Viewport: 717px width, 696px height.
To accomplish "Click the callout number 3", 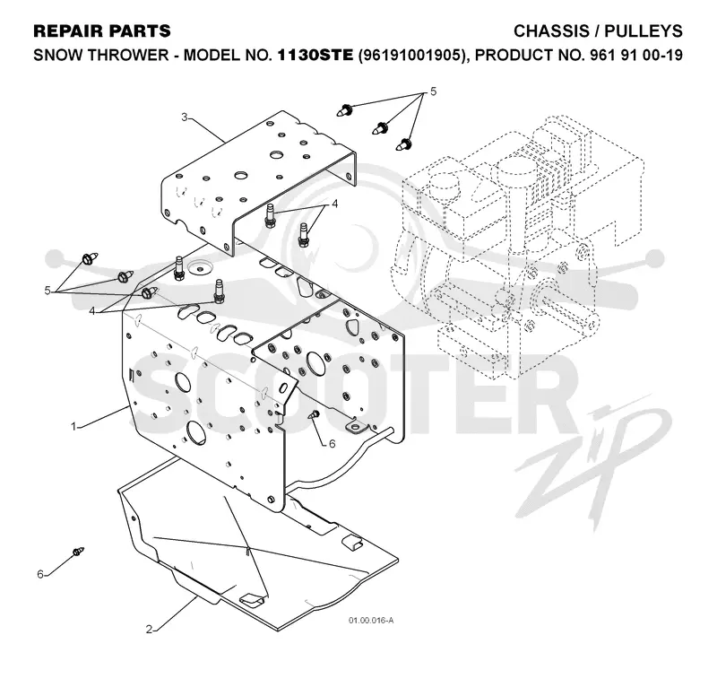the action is click(185, 117).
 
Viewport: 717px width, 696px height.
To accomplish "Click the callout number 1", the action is click(73, 426).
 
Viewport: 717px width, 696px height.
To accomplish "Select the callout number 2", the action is click(149, 630).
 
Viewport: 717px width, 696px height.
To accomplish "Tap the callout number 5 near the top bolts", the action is click(434, 91).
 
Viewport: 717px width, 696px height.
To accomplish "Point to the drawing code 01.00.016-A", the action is click(371, 621).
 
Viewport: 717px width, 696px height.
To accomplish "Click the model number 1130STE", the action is click(315, 55).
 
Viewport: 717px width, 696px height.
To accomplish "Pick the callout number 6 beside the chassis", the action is click(332, 443).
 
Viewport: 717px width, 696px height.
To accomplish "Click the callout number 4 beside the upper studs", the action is click(334, 204).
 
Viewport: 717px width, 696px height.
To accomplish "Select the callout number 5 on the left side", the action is click(48, 291).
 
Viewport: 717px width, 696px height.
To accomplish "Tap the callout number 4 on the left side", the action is click(92, 311).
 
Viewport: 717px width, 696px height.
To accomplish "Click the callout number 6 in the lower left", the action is click(40, 574).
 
